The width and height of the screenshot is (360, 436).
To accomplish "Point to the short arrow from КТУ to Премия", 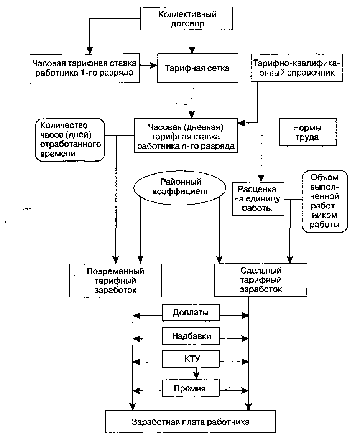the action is tap(196, 373).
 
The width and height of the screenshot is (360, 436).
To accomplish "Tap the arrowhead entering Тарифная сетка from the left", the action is tap(154, 66).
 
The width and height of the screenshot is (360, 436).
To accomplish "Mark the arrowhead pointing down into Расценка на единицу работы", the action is tap(261, 178).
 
